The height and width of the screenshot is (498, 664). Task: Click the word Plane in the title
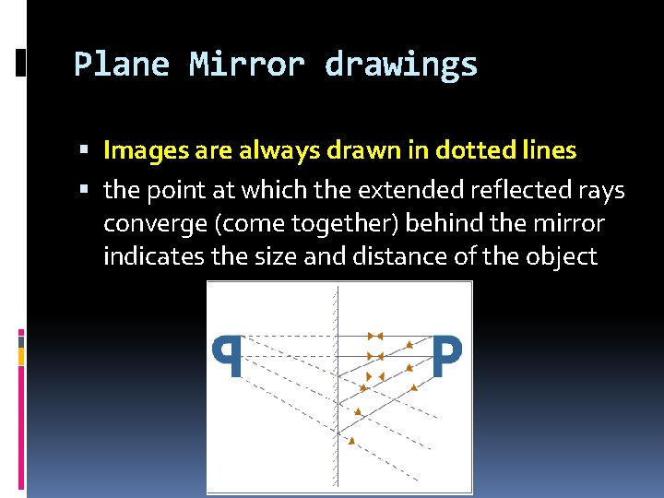coord(122,65)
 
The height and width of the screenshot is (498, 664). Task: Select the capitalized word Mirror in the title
coord(247,65)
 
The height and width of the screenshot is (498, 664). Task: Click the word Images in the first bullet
coord(141,149)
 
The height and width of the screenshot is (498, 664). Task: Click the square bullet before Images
coord(84,149)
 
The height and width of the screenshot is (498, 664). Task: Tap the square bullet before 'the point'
coord(84,191)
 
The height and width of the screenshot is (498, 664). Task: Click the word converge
coord(145,224)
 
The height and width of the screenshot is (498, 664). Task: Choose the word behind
coord(446,224)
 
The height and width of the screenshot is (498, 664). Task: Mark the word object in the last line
coord(562,256)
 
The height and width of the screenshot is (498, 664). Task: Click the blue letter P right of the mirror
coord(447,356)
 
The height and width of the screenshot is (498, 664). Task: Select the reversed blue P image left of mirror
coord(228,356)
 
